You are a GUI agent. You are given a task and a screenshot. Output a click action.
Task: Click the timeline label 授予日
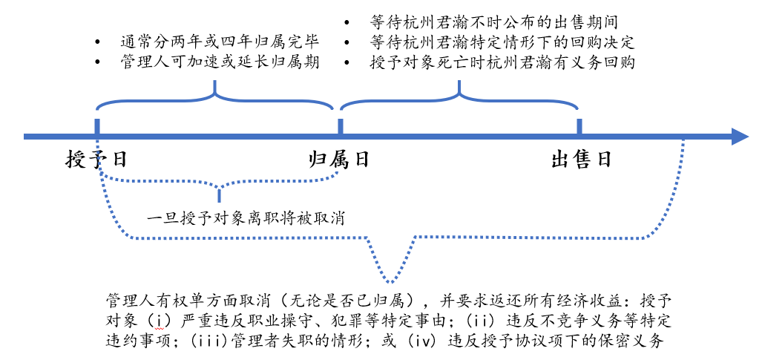tap(96, 160)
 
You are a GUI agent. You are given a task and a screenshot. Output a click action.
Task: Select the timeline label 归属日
tap(339, 160)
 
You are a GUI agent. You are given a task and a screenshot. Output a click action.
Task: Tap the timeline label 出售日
tap(582, 160)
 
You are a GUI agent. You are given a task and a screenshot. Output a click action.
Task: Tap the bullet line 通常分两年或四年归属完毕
tap(220, 42)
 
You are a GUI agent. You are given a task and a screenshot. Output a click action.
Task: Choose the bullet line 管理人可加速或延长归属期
tap(220, 62)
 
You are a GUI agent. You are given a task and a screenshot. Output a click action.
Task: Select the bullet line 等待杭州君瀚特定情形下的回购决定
tap(502, 42)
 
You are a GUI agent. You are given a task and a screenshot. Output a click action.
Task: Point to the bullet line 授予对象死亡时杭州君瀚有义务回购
tap(502, 63)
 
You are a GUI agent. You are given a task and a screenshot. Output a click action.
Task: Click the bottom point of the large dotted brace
tap(390, 283)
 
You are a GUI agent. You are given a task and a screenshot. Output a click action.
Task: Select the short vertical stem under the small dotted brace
tap(219, 194)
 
